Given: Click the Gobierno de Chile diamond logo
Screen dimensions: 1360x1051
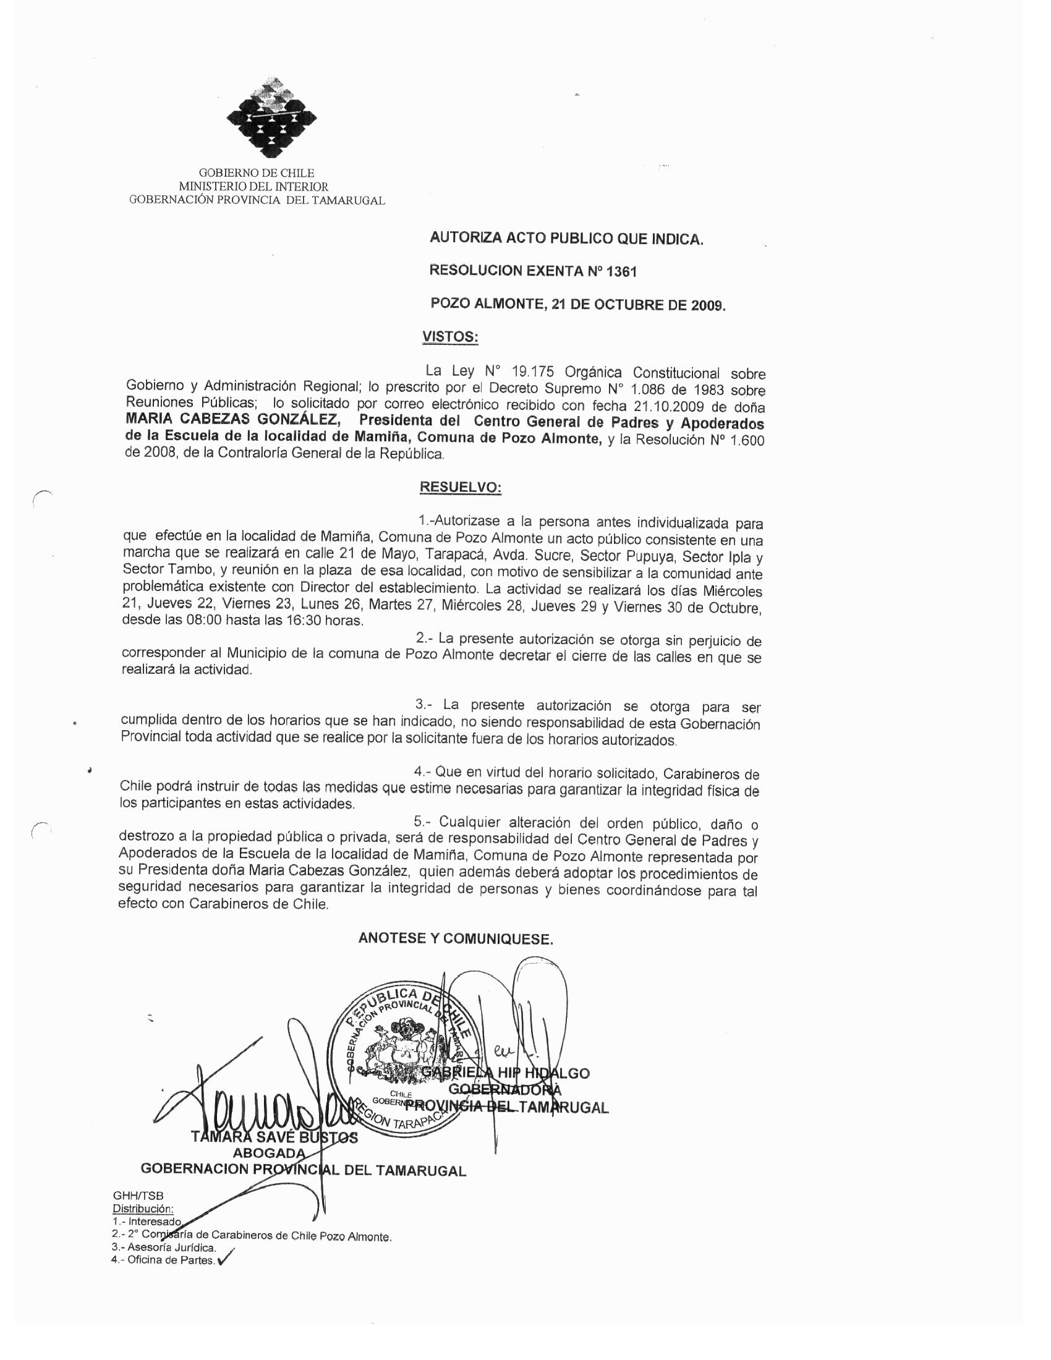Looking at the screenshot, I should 271,117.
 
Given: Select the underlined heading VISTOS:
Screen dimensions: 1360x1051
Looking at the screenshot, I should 449,337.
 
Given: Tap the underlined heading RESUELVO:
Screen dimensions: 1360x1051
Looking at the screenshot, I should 461,487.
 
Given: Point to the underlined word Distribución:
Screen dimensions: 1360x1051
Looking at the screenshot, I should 143,1209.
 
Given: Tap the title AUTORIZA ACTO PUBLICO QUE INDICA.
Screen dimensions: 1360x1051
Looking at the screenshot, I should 566,239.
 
